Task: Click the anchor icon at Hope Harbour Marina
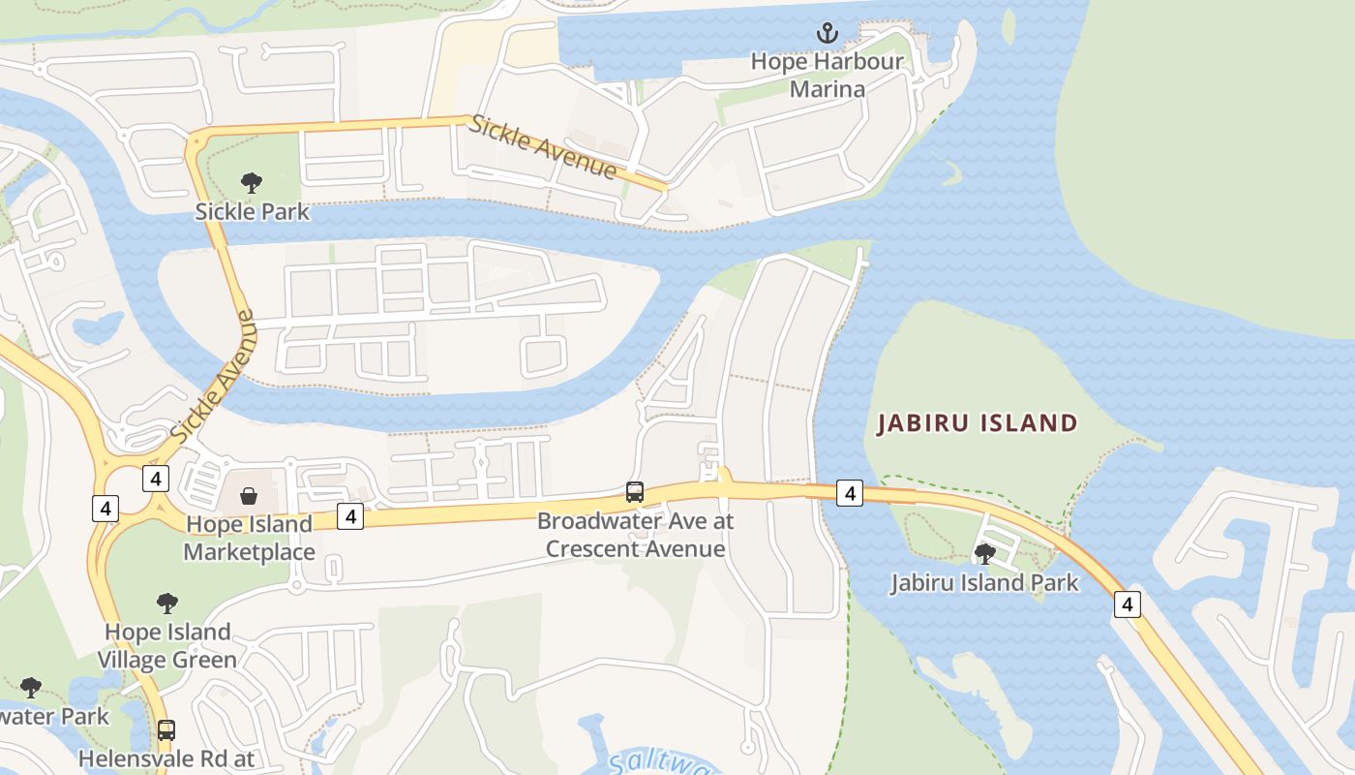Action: point(827,34)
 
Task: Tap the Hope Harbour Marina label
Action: point(827,76)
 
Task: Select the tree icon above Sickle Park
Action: point(252,182)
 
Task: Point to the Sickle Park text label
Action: point(252,211)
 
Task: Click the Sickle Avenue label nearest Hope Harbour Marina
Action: point(543,147)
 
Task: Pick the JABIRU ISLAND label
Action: point(977,423)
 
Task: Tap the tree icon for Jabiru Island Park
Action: point(985,554)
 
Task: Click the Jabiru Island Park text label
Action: point(984,583)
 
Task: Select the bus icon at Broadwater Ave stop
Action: point(635,492)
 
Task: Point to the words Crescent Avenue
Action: point(635,549)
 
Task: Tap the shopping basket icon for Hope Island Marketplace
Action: point(249,497)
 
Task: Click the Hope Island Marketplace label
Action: point(249,539)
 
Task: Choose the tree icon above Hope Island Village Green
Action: point(167,604)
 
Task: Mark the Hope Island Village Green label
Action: point(168,646)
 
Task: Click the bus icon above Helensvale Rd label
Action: point(166,729)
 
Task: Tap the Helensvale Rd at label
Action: point(166,759)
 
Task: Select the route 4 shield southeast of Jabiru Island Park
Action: point(1127,604)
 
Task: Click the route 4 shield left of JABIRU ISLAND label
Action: point(849,493)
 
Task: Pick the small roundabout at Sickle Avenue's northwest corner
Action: point(197,141)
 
